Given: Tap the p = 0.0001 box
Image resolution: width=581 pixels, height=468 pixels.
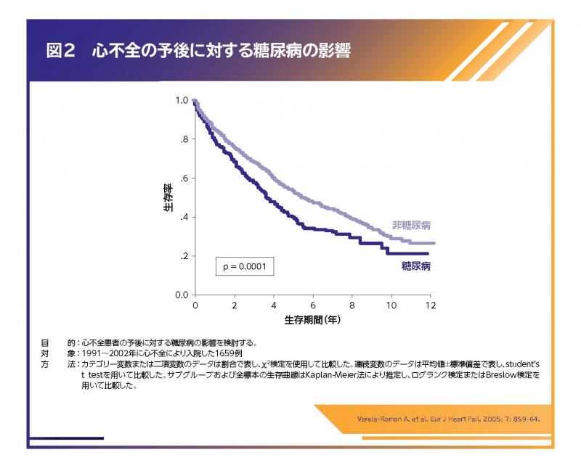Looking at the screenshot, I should point(244,266).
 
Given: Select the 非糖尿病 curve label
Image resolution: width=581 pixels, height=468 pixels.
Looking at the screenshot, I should point(412,225).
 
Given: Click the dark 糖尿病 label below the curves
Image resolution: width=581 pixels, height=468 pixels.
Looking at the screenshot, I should point(416,266).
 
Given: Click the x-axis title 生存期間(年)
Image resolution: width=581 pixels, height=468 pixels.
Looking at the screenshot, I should point(313,318).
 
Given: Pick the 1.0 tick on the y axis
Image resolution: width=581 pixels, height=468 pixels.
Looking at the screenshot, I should point(182,100).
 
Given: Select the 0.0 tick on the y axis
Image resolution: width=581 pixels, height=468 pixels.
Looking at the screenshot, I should point(182,295).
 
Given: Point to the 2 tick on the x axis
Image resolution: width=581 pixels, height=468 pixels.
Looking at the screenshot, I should point(235,305).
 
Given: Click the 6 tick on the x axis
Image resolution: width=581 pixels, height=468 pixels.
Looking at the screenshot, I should point(313,305).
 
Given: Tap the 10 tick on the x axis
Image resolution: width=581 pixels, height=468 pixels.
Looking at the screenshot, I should point(391,305).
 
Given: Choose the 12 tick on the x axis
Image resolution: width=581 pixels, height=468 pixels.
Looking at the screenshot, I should point(430,305).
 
